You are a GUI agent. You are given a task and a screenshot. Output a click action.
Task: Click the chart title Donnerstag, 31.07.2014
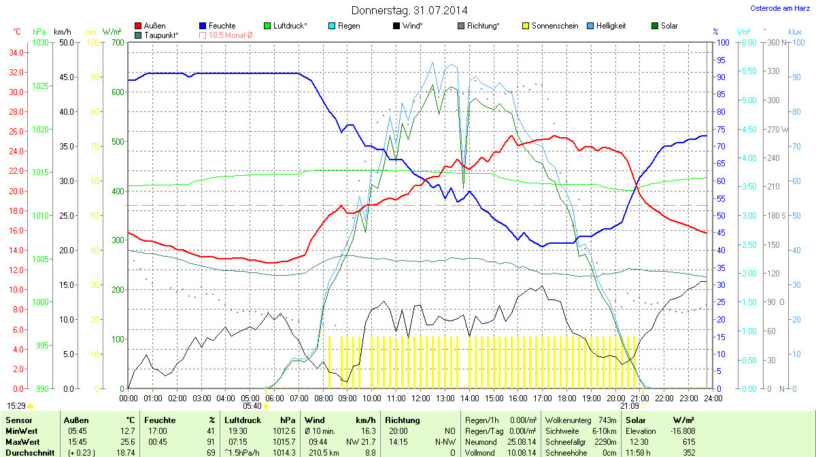pos(409,10)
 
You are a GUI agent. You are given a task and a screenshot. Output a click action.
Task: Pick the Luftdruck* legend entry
pos(289,26)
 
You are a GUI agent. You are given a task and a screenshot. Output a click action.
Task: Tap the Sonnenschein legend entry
pos(554,26)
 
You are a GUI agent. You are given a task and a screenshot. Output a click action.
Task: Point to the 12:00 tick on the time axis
pos(420,397)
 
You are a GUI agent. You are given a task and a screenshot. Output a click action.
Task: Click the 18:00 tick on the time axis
pos(566,397)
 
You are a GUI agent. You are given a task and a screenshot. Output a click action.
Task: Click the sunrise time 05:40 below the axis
pos(251,406)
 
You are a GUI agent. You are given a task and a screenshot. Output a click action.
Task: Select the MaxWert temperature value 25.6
pos(128,441)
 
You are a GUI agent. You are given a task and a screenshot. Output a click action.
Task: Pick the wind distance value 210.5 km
pos(324,452)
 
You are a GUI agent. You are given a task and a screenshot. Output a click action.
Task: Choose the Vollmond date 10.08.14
pos(522,452)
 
